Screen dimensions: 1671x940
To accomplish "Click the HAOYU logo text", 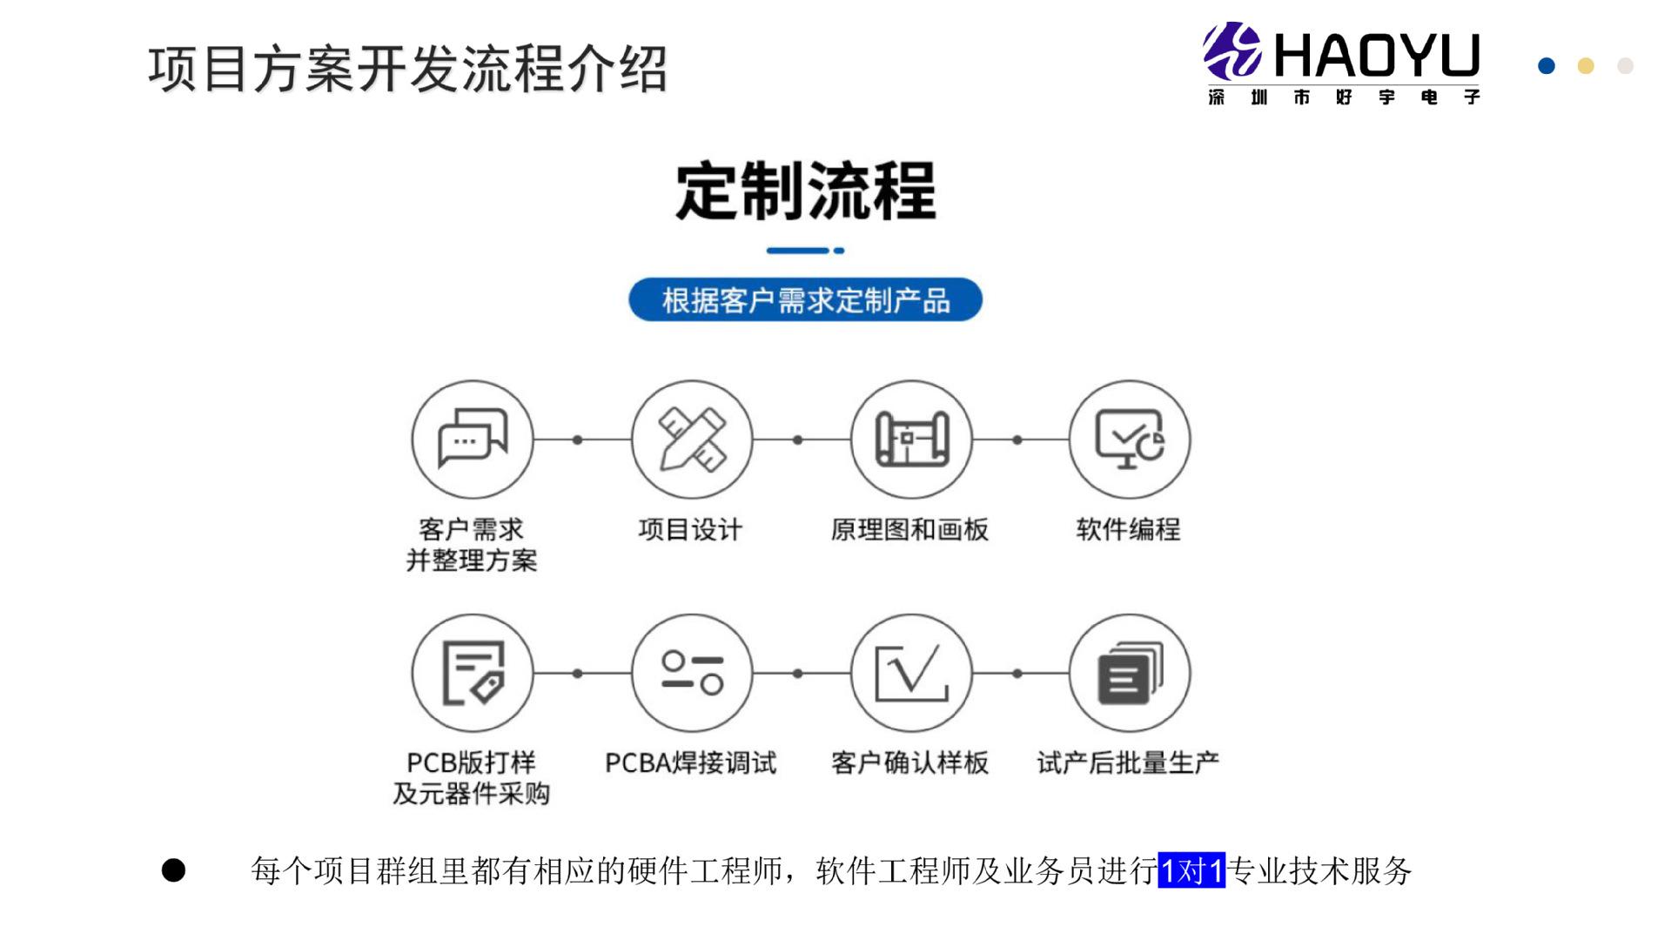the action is (1376, 56).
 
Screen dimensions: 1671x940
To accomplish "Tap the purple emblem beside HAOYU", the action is (1231, 52).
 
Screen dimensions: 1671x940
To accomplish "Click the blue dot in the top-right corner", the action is (1547, 66).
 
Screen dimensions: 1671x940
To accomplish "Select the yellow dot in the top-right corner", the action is (1586, 66).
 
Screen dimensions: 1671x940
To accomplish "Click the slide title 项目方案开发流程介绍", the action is (407, 70).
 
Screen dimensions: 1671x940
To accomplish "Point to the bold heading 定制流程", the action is (805, 191).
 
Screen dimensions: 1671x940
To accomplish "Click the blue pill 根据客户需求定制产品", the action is (805, 300).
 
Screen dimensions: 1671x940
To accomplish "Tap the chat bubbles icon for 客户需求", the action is (472, 440).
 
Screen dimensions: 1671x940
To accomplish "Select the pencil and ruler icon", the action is (692, 440).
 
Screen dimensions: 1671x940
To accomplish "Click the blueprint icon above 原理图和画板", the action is (911, 440).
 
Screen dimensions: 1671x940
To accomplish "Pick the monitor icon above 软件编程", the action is (1129, 440).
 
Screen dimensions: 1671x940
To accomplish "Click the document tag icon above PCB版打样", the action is (472, 673).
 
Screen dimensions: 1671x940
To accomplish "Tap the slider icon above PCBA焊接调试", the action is (692, 673).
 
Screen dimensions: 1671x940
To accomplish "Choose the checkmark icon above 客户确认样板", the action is (911, 673).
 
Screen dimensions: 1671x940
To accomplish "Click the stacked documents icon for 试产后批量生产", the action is (1129, 673).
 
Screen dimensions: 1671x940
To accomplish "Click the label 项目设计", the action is (690, 529).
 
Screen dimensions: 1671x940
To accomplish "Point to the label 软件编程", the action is (1128, 529).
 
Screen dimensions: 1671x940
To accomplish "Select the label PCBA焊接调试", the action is (690, 763).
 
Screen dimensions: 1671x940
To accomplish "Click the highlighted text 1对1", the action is (1191, 870).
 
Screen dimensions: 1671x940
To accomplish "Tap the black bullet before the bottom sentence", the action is (174, 870).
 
